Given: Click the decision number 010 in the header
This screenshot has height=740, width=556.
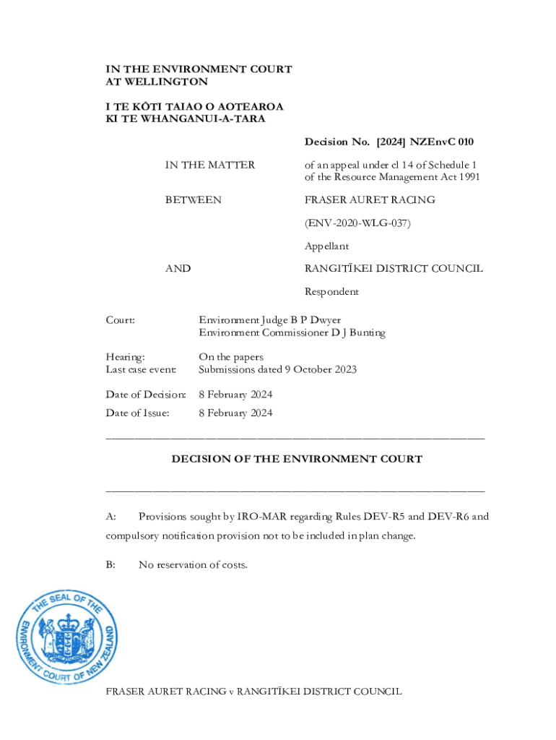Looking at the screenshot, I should point(464,142).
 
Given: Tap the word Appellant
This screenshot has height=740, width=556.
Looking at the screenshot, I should point(326,246).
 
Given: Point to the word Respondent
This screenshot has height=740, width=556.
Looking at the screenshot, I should point(331,292).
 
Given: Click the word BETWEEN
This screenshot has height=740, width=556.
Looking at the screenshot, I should point(193,199).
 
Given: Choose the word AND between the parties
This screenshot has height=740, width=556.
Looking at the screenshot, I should point(178,269).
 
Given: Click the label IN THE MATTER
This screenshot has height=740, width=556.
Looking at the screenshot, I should point(209,165).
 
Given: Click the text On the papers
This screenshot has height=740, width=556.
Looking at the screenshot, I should point(231,357).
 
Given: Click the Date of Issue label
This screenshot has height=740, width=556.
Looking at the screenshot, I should point(137,413).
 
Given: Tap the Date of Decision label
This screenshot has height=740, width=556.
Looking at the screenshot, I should point(145,395).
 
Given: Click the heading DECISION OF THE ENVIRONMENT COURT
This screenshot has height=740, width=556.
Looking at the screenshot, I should point(296,459).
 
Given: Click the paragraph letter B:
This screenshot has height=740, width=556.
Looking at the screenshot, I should point(110,564).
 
